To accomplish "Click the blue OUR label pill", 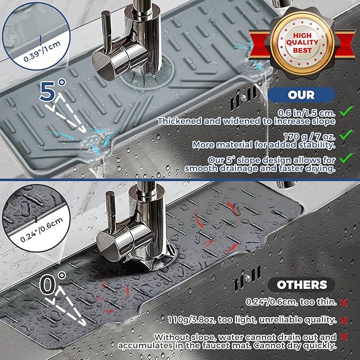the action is pos(302,95).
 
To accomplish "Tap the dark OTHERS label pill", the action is pos(302,285).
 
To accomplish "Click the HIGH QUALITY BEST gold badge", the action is pos(302,43).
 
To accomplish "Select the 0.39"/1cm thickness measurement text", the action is pos(42,51).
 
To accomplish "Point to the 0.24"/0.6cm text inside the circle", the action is pos(41,230).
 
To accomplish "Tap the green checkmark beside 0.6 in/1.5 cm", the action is pos(346,111).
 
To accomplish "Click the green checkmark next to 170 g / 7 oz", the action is pos(346,135).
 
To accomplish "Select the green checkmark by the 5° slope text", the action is pos(346,158).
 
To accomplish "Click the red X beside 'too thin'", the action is pos(344,303).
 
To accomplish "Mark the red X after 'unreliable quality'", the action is pos(344,321).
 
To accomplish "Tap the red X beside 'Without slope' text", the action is pos(344,337).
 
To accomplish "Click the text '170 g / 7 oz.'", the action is pos(309,136).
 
